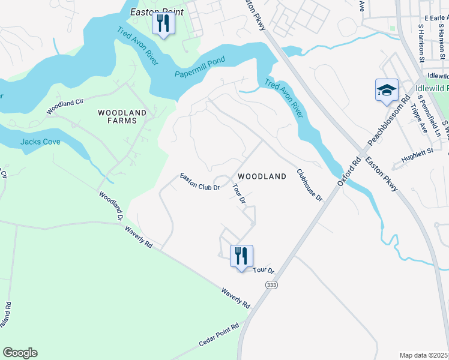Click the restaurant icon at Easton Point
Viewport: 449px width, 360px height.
(x=163, y=24)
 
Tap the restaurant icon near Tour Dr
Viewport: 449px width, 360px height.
(x=241, y=257)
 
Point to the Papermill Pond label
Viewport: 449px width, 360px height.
(x=200, y=68)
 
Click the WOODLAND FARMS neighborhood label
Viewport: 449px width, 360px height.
(x=122, y=116)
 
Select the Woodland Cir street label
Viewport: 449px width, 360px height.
(x=65, y=107)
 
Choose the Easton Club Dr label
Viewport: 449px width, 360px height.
(x=200, y=182)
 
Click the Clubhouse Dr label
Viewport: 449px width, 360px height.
(x=310, y=184)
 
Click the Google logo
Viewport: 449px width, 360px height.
(x=20, y=353)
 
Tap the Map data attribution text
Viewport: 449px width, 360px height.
(x=424, y=355)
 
